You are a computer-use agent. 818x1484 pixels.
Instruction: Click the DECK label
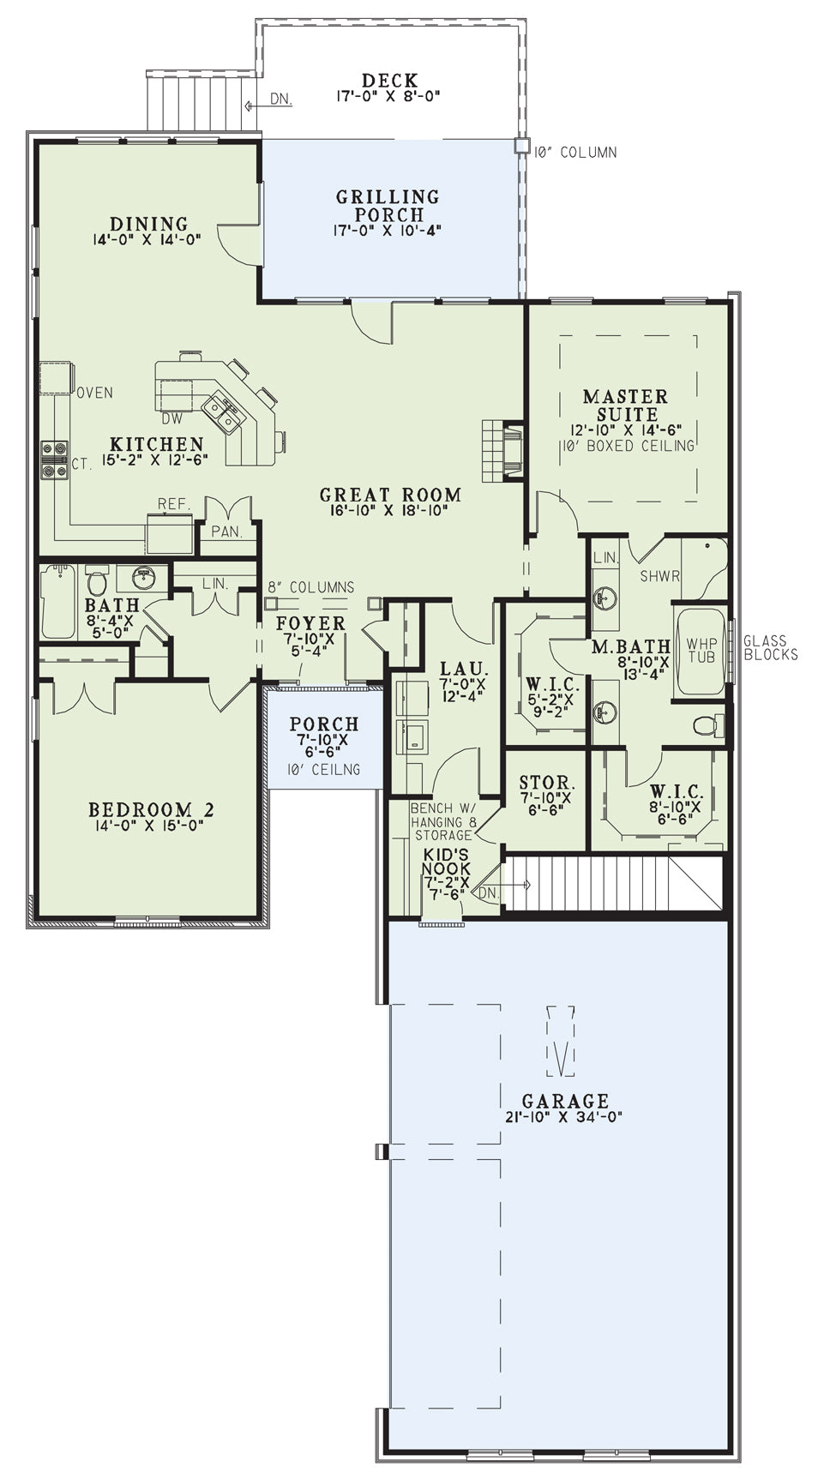pyautogui.click(x=390, y=81)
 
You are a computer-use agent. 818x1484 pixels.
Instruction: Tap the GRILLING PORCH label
pyautogui.click(x=388, y=206)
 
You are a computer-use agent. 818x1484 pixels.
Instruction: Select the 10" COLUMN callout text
pyautogui.click(x=574, y=153)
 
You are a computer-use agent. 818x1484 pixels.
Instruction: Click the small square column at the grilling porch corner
pyautogui.click(x=521, y=146)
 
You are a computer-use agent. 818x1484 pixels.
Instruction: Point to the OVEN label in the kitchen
pyautogui.click(x=94, y=393)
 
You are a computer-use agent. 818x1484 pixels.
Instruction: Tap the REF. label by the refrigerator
pyautogui.click(x=172, y=504)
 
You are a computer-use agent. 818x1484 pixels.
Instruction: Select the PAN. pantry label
pyautogui.click(x=226, y=532)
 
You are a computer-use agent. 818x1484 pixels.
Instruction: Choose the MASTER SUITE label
pyautogui.click(x=625, y=405)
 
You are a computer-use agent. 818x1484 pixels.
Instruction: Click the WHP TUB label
pyautogui.click(x=701, y=650)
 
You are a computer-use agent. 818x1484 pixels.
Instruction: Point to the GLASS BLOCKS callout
pyautogui.click(x=770, y=647)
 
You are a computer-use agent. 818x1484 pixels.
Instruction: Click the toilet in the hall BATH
pyautogui.click(x=96, y=580)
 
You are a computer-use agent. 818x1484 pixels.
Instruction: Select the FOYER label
pyautogui.click(x=310, y=623)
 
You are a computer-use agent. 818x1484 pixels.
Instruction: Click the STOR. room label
pyautogui.click(x=546, y=783)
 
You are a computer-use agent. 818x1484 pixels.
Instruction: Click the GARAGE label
pyautogui.click(x=565, y=1101)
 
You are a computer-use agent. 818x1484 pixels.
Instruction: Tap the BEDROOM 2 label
pyautogui.click(x=152, y=810)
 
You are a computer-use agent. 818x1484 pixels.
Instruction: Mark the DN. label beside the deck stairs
pyautogui.click(x=280, y=99)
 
